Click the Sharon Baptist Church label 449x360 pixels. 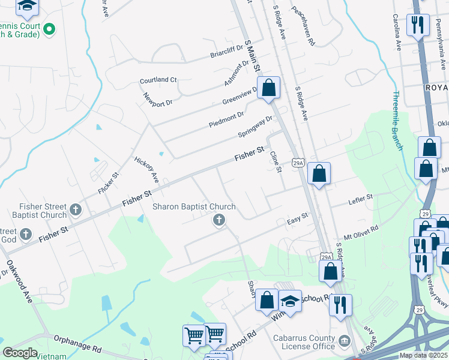(193, 206)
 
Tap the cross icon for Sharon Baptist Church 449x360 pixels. (219, 220)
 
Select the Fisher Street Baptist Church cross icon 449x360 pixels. (75, 210)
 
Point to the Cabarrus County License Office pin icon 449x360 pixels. (345, 341)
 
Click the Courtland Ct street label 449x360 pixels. (158, 80)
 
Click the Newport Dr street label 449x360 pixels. (158, 99)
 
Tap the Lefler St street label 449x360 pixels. (361, 197)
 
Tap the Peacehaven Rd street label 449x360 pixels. (304, 27)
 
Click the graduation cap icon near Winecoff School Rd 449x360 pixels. (290, 301)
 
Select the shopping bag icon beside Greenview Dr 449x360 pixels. (269, 88)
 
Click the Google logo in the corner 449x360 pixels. (20, 353)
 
